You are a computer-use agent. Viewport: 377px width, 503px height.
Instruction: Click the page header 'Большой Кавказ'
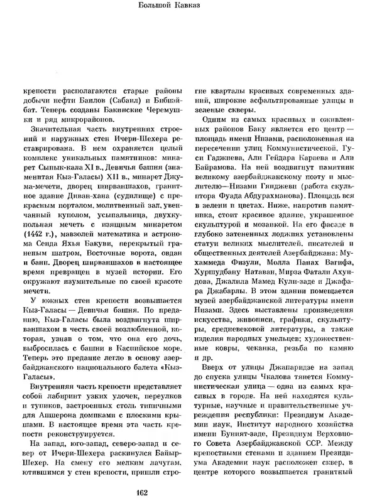click(x=188, y=8)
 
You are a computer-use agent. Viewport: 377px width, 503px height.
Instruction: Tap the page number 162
click(x=189, y=490)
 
